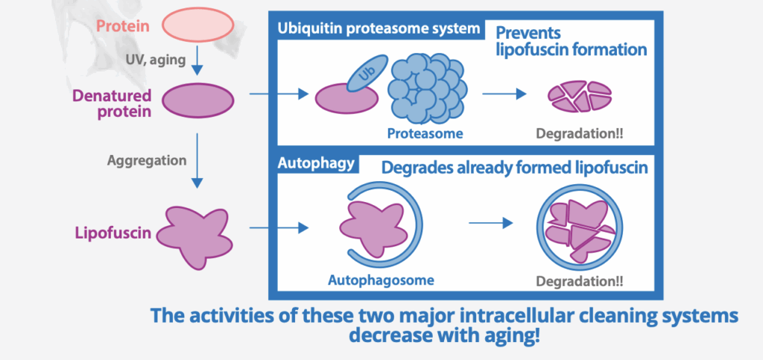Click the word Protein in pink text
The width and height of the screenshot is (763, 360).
pyautogui.click(x=123, y=27)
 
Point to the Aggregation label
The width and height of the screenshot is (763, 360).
pyautogui.click(x=147, y=160)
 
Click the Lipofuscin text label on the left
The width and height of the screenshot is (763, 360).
pyautogui.click(x=113, y=233)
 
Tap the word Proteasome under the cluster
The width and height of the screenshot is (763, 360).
pyautogui.click(x=425, y=134)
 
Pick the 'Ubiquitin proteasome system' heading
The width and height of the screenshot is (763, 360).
pyautogui.click(x=379, y=29)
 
